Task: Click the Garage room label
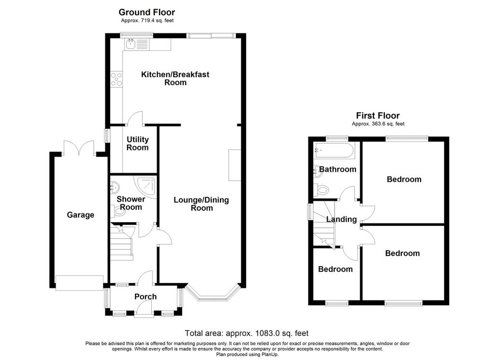click(81, 215)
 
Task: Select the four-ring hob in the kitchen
click(116, 79)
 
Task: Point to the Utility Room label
click(138, 144)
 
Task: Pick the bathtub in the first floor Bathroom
click(334, 150)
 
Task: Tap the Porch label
click(146, 297)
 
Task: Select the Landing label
click(342, 219)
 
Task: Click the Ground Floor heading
click(147, 12)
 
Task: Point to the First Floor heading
click(378, 116)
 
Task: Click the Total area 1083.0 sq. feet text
click(247, 333)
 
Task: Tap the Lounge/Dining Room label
click(202, 204)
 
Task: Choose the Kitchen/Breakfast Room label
click(175, 78)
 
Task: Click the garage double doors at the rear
click(79, 148)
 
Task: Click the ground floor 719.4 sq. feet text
click(147, 20)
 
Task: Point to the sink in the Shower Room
click(114, 187)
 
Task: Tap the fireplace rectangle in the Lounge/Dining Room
click(235, 165)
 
